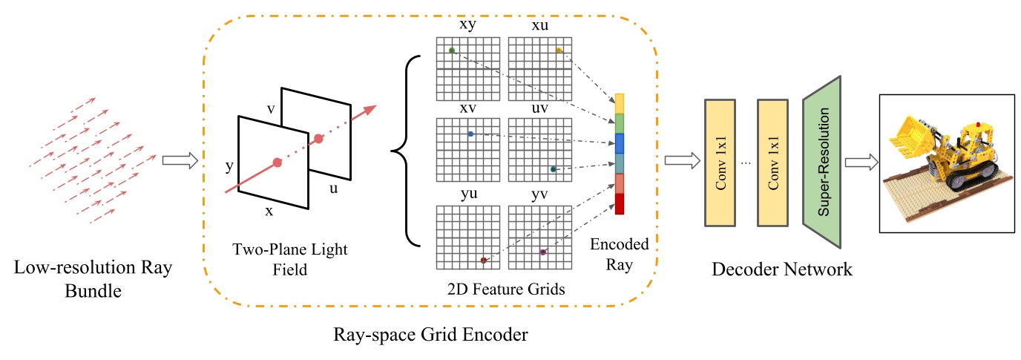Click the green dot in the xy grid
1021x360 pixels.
[x=451, y=50]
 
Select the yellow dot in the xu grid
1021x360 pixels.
[x=559, y=50]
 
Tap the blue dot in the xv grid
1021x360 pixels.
[x=470, y=134]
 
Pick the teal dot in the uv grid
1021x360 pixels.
[x=553, y=169]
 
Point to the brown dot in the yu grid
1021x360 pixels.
[x=484, y=260]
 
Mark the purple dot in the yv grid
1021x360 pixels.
[x=543, y=252]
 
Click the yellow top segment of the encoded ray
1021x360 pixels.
[x=620, y=103]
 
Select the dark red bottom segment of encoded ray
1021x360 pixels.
[x=620, y=204]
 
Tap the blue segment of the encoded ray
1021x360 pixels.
[x=620, y=143]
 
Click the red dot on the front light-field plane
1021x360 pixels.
[x=277, y=162]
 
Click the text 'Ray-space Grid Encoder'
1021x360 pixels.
[x=430, y=335]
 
